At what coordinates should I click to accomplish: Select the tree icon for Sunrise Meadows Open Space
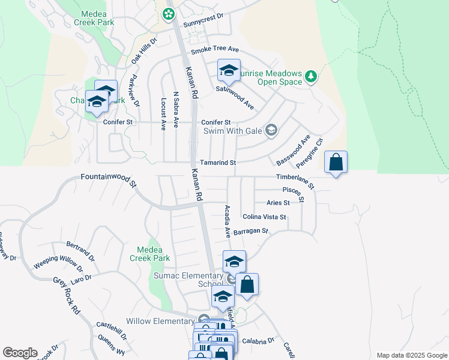pyautogui.click(x=310, y=76)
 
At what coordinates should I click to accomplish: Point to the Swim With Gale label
pyautogui.click(x=234, y=130)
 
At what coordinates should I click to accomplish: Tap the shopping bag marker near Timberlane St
pyautogui.click(x=336, y=162)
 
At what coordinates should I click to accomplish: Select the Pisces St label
pyautogui.click(x=294, y=193)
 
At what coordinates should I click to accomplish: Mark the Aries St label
pyautogui.click(x=279, y=203)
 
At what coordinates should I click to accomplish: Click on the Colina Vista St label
pyautogui.click(x=264, y=217)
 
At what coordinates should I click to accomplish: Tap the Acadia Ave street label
pyautogui.click(x=228, y=220)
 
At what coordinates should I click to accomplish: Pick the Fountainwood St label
pyautogui.click(x=109, y=180)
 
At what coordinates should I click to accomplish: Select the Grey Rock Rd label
pyautogui.click(x=67, y=296)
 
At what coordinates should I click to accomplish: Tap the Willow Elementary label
pyautogui.click(x=160, y=321)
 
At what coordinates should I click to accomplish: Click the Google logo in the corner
pyautogui.click(x=20, y=353)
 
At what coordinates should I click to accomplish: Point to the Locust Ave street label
pyautogui.click(x=163, y=114)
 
